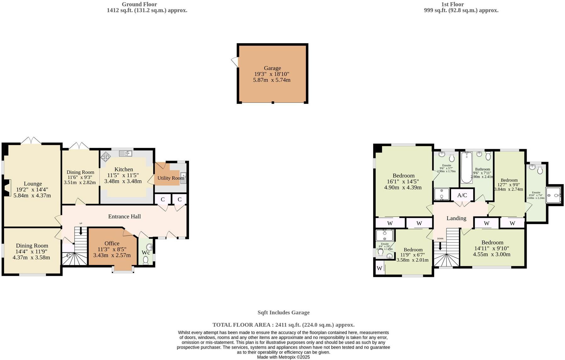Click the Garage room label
pyautogui.click(x=272, y=68)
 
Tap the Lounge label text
pyautogui.click(x=33, y=184)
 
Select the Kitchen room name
pyautogui.click(x=124, y=169)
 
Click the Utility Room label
pyautogui.click(x=171, y=178)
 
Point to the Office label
pyautogui.click(x=112, y=243)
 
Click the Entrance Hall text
pyautogui.click(x=125, y=217)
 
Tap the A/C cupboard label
pyautogui.click(x=462, y=195)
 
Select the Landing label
pyautogui.click(x=456, y=218)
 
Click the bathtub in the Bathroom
pyautogui.click(x=466, y=167)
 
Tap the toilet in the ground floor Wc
pyautogui.click(x=146, y=260)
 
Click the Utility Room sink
pyautogui.click(x=183, y=178)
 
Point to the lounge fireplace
pyautogui.click(x=8, y=188)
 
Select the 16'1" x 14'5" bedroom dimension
pyautogui.click(x=403, y=182)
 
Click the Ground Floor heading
pyautogui.click(x=139, y=4)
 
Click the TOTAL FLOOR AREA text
pyautogui.click(x=283, y=325)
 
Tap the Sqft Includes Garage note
pyautogui.click(x=283, y=312)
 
